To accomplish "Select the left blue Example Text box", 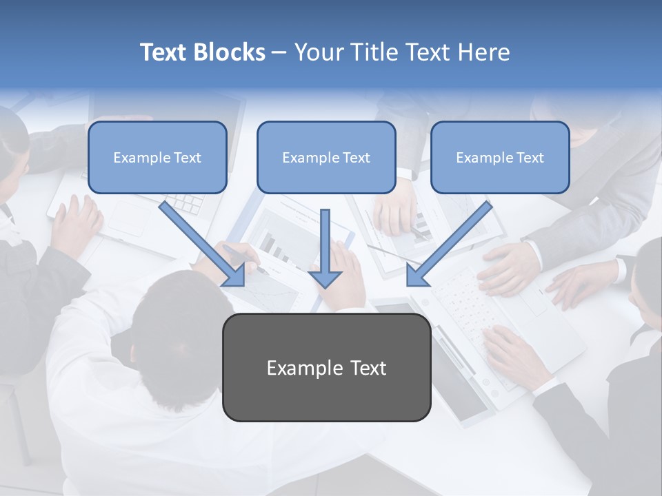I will [157, 158].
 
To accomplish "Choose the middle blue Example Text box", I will [326, 158].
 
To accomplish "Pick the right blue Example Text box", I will [500, 158].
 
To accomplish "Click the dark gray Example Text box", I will [326, 368].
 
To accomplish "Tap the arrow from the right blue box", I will [452, 241].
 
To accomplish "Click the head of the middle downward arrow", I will [325, 278].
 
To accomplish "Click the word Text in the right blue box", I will [530, 158].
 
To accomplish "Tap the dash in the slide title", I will [279, 52].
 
